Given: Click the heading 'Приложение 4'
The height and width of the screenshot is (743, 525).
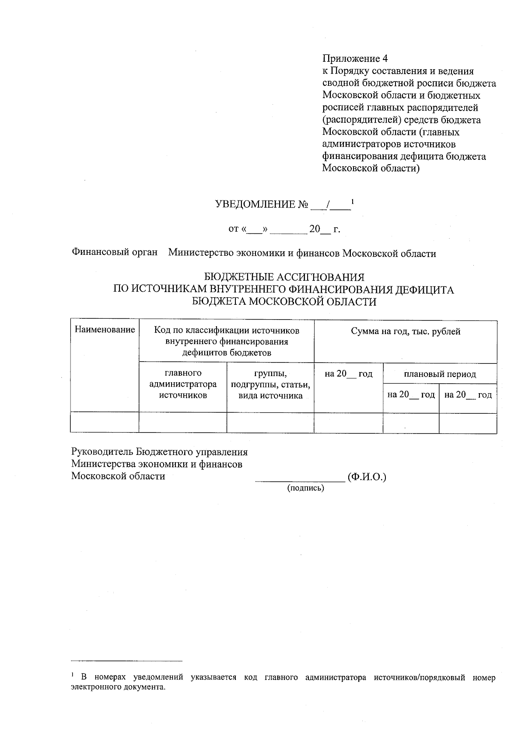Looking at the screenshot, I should (x=355, y=59).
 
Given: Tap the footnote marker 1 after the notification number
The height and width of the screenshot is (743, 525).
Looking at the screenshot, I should (x=353, y=201).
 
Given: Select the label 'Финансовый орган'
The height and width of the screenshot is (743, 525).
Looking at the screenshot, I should (x=114, y=253).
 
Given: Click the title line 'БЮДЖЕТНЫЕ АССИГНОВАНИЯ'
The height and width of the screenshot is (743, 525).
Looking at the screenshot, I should (x=284, y=277).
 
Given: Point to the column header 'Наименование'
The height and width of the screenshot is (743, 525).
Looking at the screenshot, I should (x=105, y=330).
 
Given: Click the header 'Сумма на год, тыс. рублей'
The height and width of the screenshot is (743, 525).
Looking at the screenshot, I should (x=406, y=331).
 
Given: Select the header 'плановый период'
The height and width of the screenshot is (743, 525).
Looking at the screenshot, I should (x=440, y=374).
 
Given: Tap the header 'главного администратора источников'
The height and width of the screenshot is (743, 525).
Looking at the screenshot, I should (x=183, y=384).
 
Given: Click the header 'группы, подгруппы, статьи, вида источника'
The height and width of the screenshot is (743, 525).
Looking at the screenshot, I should (x=270, y=384).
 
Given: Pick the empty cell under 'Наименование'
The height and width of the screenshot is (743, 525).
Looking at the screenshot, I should (x=105, y=423).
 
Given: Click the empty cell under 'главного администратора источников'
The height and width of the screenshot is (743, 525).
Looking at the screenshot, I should (x=183, y=423).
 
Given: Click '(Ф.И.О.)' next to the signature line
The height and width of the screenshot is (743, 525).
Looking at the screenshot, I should (x=367, y=477).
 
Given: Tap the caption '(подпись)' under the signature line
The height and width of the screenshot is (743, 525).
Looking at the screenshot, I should (x=305, y=488).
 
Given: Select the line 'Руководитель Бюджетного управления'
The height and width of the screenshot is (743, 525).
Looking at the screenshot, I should (x=159, y=452).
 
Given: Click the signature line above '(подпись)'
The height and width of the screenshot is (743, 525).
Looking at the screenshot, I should (x=300, y=482).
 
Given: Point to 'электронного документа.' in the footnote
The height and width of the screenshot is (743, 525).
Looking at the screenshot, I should (x=119, y=687).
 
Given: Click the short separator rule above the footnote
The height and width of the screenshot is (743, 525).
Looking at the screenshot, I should (x=126, y=661).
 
